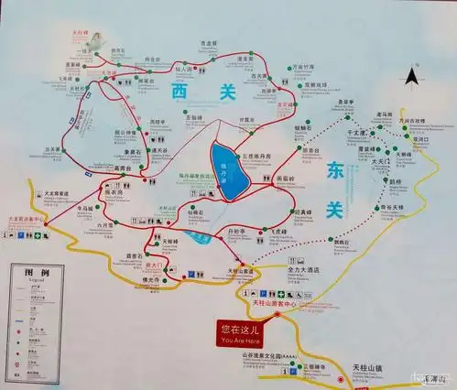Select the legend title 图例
[36, 272]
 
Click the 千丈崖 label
[355, 134]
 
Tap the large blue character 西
[179, 91]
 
